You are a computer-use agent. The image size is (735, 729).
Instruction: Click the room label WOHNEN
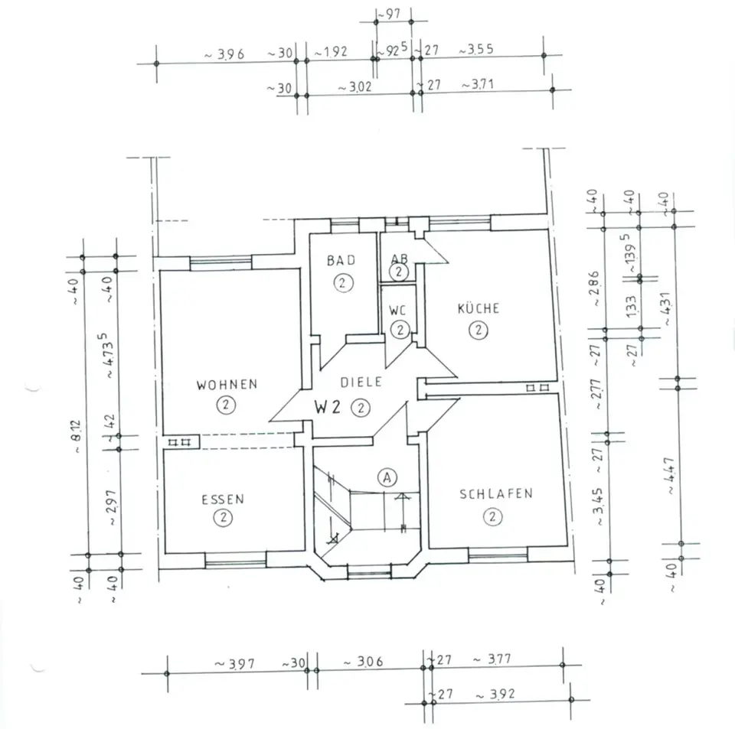[227, 385]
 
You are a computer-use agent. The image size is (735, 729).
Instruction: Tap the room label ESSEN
[223, 500]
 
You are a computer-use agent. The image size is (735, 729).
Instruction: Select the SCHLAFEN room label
[496, 494]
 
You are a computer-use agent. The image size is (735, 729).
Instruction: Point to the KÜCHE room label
[479, 308]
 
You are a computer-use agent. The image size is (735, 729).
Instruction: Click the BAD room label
[341, 260]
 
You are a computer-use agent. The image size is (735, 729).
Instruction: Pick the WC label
[397, 311]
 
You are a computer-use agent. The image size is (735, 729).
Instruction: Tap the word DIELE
[361, 382]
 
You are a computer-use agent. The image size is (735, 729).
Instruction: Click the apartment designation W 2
[327, 407]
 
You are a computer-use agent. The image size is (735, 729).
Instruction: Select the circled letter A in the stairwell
[387, 477]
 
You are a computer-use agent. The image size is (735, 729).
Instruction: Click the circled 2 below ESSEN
[223, 518]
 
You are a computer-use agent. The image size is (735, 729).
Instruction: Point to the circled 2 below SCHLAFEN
[492, 517]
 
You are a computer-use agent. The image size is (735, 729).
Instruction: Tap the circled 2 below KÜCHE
[479, 330]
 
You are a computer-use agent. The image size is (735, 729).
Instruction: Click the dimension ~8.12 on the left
[76, 436]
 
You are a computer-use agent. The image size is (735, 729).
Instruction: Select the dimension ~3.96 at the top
[224, 54]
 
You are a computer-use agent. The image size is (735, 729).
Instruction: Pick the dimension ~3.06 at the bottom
[364, 662]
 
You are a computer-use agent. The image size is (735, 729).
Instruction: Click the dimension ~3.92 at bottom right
[495, 695]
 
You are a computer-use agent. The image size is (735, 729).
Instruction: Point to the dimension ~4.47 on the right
[668, 476]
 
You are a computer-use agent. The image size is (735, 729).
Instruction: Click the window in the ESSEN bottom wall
[235, 560]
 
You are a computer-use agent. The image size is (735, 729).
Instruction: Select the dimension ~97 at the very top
[389, 15]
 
